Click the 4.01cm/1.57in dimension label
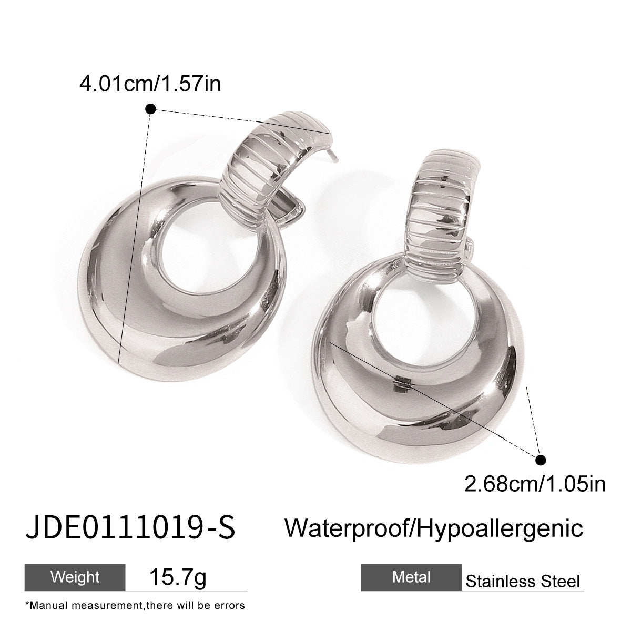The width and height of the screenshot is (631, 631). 150,84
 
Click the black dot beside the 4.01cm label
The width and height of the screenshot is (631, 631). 150,109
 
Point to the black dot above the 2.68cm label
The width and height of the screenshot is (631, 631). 541,460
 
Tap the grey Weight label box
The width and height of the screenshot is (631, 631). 75,577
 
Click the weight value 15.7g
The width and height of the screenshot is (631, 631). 178,577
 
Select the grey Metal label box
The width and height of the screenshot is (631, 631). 411,577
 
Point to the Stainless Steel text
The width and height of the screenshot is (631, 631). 523,581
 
